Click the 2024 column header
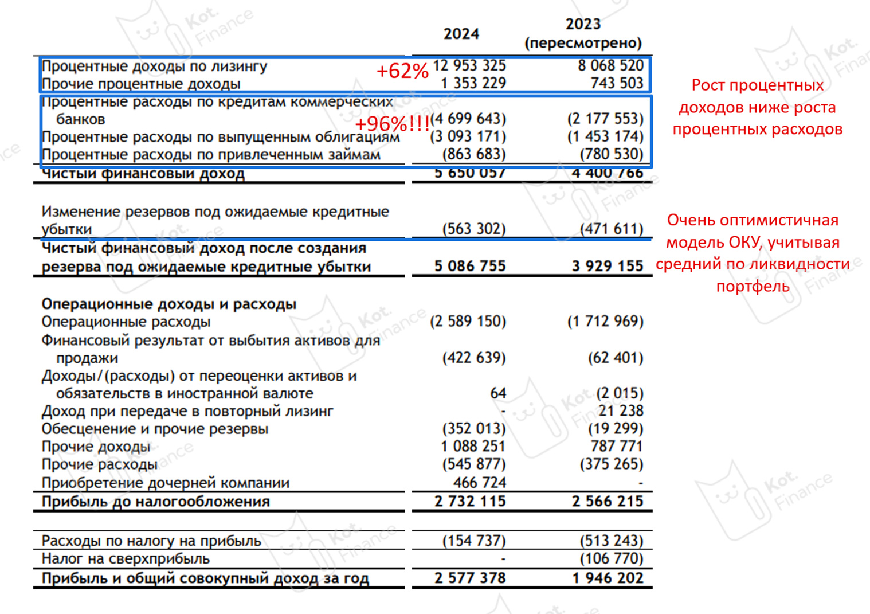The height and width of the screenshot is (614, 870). point(461,34)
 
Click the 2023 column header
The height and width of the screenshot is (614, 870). point(583,33)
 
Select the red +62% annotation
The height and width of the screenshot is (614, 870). point(402,72)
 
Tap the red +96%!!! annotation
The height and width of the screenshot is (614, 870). point(392,124)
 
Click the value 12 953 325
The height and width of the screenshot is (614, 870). point(469,66)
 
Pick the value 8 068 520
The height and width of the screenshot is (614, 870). point(610,66)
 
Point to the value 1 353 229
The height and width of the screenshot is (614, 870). point(473,84)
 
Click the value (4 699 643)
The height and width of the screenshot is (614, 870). point(468,119)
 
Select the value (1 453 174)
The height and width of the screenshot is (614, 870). point(605,136)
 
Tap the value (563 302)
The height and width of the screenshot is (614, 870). point(474,229)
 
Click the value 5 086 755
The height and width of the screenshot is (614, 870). point(470,267)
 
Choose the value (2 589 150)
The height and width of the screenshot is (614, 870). point(468,322)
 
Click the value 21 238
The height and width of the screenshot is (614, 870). point(621,411)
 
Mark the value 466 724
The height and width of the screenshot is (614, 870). point(480,483)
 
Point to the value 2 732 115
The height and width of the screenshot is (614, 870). point(470,502)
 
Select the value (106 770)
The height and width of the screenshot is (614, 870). point(612,558)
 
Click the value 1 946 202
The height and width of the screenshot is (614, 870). point(608,578)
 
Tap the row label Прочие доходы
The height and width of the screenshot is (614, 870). point(96,447)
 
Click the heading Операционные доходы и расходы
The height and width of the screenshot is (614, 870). point(169,304)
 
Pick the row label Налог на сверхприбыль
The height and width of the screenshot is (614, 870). point(126,558)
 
